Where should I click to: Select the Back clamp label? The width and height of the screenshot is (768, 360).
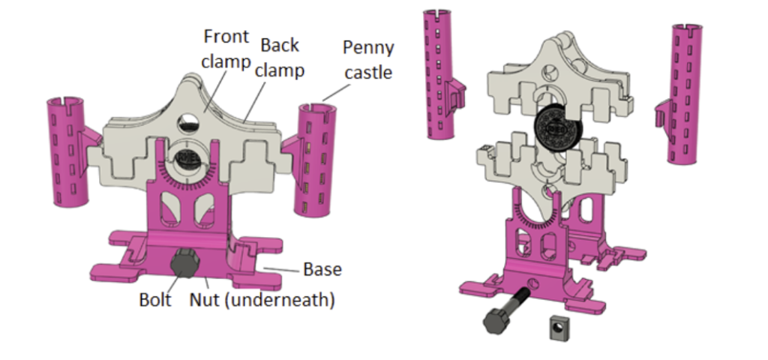tap(281, 58)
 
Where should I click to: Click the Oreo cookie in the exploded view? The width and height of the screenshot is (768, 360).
tap(555, 130)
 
